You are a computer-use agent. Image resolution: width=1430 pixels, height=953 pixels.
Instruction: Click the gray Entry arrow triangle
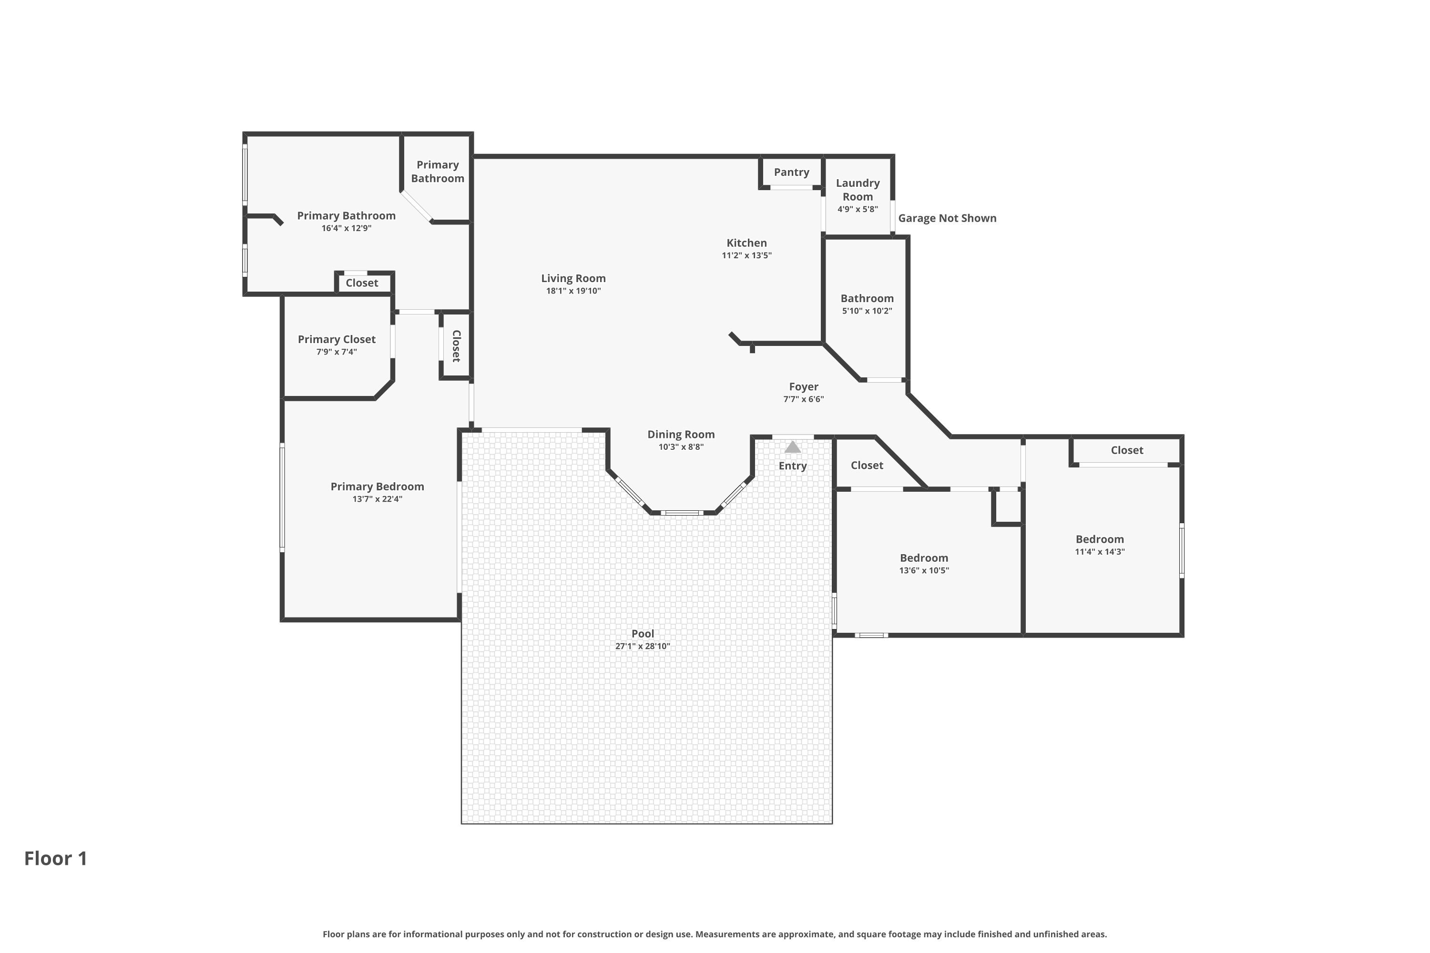792,447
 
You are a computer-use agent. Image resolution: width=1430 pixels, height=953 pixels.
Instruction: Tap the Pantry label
791,172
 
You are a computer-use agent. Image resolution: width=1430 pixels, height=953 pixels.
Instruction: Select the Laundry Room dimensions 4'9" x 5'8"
857,209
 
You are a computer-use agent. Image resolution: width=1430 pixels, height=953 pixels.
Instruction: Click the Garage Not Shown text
947,218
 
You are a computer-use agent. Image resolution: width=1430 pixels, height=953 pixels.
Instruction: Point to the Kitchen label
746,243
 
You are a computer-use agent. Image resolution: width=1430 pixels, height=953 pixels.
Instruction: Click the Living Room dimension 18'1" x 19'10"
573,291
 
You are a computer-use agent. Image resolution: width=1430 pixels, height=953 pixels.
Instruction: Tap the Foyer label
803,386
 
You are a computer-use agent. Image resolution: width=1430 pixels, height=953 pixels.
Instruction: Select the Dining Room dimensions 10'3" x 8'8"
680,447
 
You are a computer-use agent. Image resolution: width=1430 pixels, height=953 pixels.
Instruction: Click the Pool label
642,633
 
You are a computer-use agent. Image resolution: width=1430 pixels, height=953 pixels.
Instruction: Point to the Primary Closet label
336,339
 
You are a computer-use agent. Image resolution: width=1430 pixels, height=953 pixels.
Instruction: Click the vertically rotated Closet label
456,346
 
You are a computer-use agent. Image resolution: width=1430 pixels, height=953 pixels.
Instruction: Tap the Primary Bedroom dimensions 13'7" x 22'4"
377,499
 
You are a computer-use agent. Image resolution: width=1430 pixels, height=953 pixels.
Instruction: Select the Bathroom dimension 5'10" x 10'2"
867,311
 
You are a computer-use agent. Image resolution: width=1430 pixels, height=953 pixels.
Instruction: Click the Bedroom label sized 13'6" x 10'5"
924,558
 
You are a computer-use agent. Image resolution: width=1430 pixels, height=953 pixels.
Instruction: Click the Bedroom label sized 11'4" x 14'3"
1099,539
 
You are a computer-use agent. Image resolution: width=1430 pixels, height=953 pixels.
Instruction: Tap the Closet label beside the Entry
867,465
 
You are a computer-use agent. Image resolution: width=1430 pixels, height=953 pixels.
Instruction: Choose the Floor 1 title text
55,858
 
